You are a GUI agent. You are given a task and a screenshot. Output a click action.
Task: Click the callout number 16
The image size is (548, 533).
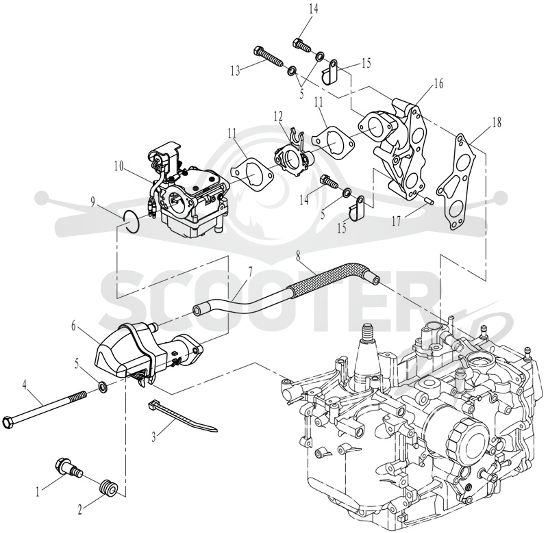click(438, 83)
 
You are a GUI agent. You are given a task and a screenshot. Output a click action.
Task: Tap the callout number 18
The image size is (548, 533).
click(496, 122)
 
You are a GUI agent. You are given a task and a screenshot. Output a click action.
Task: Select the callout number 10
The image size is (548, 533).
click(119, 166)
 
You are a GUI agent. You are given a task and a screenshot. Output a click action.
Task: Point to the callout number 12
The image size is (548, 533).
click(278, 116)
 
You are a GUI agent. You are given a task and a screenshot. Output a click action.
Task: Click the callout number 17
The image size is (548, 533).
click(396, 221)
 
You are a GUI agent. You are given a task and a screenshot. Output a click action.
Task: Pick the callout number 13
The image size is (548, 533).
click(235, 71)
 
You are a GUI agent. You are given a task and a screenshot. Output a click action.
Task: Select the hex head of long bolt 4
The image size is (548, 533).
click(8, 422)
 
